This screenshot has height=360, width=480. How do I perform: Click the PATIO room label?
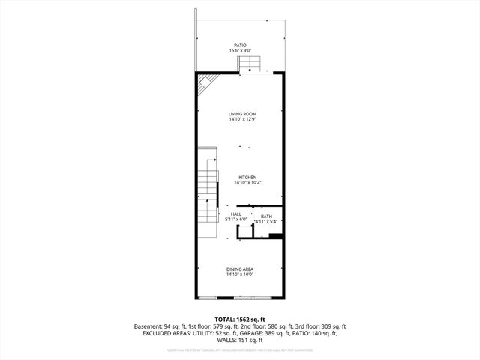240,46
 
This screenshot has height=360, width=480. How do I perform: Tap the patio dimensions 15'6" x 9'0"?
240,51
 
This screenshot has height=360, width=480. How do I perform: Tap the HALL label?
235,214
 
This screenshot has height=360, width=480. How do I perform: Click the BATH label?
266,217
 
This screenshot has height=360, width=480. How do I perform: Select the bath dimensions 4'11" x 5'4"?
266,222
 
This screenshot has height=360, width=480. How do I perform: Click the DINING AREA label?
240,269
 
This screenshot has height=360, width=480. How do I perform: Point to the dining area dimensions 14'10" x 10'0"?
240,274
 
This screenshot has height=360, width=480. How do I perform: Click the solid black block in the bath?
275,237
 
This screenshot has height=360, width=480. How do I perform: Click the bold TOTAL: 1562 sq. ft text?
240,319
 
